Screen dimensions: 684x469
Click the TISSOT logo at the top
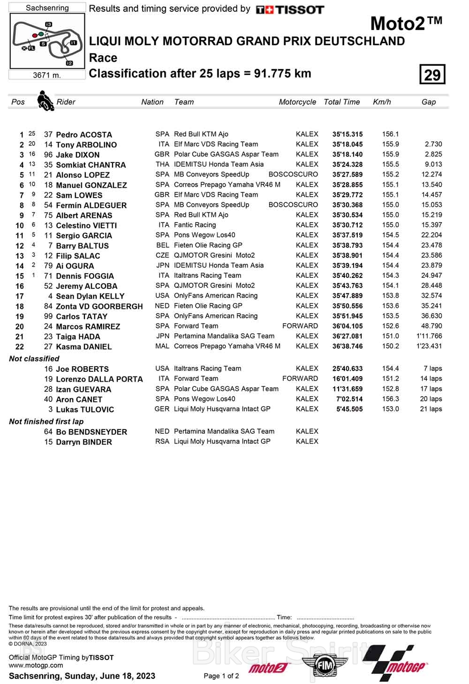tap(290, 9)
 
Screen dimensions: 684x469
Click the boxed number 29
tap(432, 75)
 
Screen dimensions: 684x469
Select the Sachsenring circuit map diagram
tap(47, 41)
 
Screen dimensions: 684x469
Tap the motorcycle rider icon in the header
tap(45, 100)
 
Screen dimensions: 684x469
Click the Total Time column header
tap(341, 102)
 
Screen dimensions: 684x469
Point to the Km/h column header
tap(382, 102)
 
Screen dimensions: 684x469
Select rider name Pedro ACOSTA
tap(84, 135)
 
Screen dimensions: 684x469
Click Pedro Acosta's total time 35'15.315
tap(348, 134)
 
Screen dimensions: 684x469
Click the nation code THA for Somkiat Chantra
tap(162, 164)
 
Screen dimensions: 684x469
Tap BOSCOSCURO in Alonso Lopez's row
tap(293, 174)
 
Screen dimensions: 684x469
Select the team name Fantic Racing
tap(195, 225)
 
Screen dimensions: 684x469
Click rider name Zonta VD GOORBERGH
tap(99, 306)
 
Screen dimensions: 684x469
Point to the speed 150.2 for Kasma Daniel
tap(390, 346)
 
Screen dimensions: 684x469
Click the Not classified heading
tap(34, 359)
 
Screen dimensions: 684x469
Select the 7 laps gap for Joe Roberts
tap(432, 369)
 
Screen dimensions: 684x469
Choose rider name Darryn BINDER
tap(84, 442)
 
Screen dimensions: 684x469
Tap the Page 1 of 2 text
tap(221, 676)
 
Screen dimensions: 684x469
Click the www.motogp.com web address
tap(36, 665)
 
